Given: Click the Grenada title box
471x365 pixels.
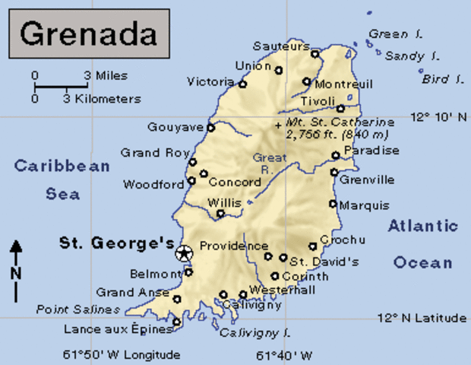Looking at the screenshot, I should click(89, 33).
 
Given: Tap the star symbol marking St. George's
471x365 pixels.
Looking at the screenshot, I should click(182, 254).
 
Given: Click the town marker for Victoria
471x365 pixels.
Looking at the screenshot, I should click(242, 84).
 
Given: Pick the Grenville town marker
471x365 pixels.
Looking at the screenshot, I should click(333, 172).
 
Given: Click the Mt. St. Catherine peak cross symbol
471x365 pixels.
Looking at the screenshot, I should click(279, 123).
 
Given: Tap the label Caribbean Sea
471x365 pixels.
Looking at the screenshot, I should click(62, 179).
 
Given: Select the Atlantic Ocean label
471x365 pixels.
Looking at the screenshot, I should click(423, 244).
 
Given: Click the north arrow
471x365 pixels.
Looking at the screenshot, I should click(16, 270).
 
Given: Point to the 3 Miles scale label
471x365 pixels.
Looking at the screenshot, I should click(106, 75).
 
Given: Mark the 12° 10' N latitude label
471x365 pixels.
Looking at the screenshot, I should click(438, 117).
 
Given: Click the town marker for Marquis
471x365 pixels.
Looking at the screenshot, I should click(333, 203).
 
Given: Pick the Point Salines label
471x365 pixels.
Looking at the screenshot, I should click(77, 309).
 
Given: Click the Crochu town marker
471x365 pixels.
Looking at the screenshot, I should click(313, 246).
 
